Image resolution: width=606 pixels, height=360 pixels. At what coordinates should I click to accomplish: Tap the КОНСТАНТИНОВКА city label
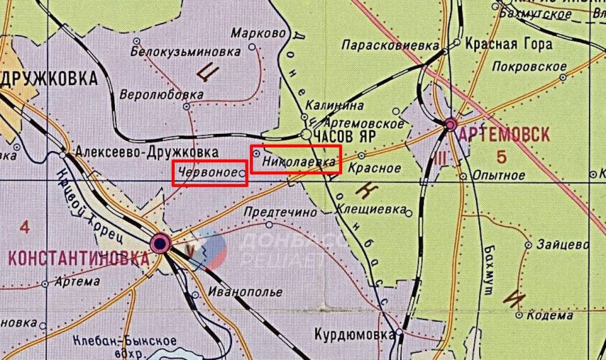click(x=73, y=258)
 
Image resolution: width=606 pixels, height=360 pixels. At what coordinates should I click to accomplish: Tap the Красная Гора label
click(x=508, y=44)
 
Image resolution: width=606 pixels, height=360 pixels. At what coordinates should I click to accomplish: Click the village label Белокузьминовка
click(x=186, y=51)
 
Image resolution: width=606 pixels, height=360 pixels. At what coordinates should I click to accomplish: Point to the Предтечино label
click(x=280, y=213)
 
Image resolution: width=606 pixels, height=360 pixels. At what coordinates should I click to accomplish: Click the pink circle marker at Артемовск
click(x=450, y=124)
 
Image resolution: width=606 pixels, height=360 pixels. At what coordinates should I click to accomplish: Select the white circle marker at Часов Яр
click(x=306, y=135)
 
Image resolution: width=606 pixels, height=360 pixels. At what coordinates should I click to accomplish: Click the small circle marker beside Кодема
click(x=518, y=315)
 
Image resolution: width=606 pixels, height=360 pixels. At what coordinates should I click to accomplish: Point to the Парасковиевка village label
click(x=389, y=45)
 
